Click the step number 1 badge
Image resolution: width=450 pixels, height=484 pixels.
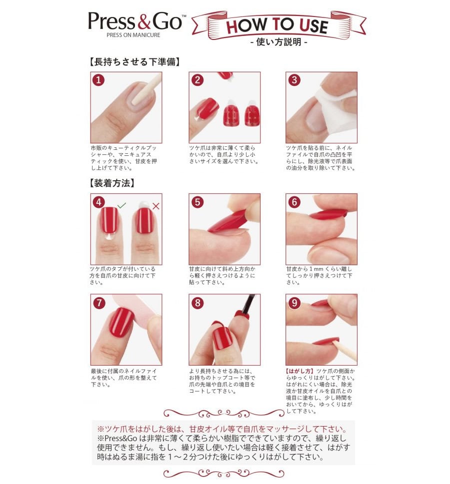98,80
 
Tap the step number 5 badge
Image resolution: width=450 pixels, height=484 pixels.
197,202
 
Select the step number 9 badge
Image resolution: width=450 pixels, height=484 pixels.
294,303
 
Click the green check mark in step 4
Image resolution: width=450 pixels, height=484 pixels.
122,205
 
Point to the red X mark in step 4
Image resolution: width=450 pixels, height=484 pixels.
156,206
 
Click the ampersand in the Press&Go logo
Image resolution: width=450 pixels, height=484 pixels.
143,22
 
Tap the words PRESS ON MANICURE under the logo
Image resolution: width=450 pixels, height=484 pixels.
133,35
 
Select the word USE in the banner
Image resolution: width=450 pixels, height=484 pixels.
313,26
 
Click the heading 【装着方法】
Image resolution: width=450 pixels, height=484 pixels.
112,183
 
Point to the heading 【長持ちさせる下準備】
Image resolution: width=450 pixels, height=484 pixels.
134,62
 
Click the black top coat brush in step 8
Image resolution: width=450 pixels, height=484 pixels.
248,303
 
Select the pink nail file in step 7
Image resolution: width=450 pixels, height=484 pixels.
134,312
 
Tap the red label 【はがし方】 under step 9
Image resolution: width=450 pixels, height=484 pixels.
300,371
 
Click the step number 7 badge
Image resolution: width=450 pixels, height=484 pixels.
98,303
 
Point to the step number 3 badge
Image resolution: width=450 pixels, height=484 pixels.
294,80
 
